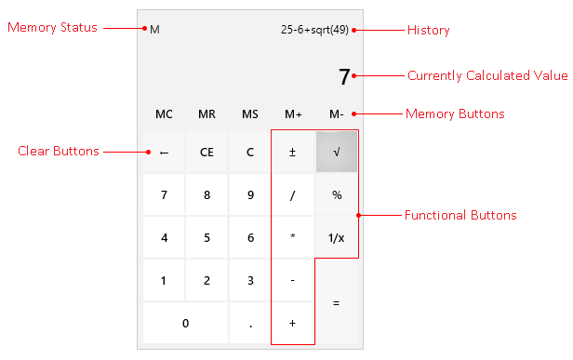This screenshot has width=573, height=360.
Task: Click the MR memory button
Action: point(207,114)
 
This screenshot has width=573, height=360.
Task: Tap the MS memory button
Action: point(250,114)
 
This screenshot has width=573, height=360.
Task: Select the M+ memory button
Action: point(293,114)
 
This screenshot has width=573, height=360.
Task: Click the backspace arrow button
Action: point(164,152)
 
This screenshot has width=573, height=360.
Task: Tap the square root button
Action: point(336,152)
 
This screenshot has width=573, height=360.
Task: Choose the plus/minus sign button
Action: point(293,152)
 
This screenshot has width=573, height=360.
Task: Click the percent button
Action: point(336,194)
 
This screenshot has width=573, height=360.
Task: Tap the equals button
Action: point(336,301)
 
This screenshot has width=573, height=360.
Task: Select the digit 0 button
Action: point(185,323)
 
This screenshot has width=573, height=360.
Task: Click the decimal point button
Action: point(250,323)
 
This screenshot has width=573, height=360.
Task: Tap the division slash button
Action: point(293,194)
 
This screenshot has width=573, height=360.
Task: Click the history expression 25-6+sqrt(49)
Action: point(315,29)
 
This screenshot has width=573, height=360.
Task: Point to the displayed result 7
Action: point(344,76)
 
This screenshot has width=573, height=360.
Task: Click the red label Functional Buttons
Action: point(460,215)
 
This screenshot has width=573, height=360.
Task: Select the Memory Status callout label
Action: point(52,27)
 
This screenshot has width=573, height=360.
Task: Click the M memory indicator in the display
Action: point(154,29)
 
